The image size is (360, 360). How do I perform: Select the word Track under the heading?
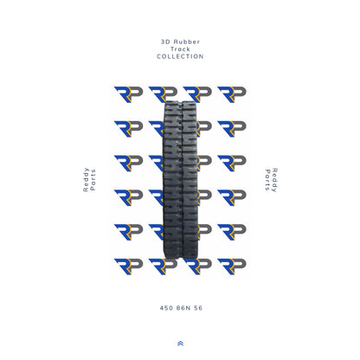click(x=180, y=49)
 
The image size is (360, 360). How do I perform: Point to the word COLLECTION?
click(x=180, y=57)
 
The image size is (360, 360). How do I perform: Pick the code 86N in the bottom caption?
click(x=180, y=307)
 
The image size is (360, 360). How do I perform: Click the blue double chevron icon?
click(x=180, y=344)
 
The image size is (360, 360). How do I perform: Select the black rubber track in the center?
click(x=180, y=186)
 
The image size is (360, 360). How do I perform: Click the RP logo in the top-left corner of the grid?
click(x=128, y=94)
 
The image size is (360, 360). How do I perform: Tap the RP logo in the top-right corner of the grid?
click(x=231, y=94)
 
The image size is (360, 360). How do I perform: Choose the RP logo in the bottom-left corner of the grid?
click(x=128, y=267)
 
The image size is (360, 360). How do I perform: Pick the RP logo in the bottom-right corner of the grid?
click(x=231, y=267)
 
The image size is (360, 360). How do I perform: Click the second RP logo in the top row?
click(x=163, y=94)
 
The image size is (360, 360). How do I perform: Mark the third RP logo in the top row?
click(x=197, y=94)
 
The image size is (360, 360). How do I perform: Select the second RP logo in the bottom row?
click(x=163, y=267)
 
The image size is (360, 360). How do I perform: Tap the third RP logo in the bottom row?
click(x=197, y=267)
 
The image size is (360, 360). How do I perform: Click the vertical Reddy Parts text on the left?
click(x=89, y=180)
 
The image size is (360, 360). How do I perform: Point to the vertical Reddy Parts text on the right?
click(x=270, y=180)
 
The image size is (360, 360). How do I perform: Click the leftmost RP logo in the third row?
click(x=128, y=163)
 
